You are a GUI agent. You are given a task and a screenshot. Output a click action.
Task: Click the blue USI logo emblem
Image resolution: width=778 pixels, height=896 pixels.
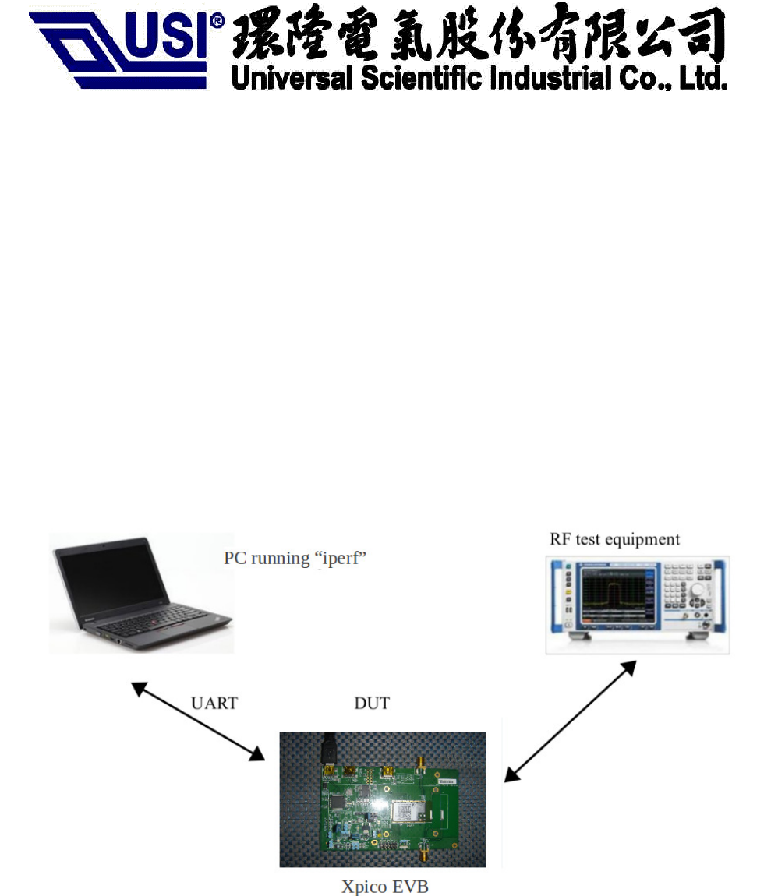117,48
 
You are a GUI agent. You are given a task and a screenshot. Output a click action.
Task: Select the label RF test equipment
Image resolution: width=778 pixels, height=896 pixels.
614,539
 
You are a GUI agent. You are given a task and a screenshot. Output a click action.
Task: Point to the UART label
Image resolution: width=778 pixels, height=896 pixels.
214,703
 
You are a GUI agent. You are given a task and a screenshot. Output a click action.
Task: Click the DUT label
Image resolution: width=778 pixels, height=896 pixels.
372,703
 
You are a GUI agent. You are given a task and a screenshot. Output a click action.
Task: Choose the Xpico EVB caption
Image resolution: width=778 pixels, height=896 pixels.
385,887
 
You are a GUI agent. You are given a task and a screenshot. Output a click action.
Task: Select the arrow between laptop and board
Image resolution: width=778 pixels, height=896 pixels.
197,721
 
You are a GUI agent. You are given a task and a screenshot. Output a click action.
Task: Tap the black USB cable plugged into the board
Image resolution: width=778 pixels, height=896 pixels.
326,748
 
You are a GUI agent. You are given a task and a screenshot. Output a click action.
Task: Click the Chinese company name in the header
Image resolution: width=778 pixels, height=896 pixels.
477,35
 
